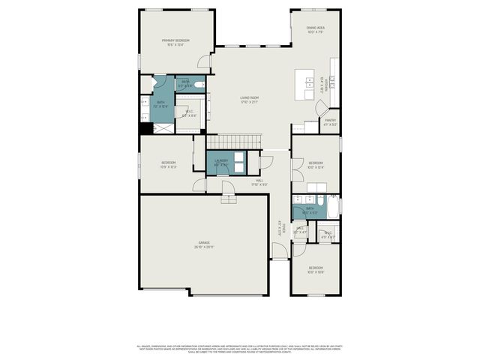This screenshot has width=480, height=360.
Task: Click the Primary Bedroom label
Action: pos(175,42)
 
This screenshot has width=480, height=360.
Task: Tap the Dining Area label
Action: pos(315,30)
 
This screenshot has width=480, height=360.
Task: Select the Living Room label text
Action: pos(249,100)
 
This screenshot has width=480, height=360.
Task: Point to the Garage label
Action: pos(202,244)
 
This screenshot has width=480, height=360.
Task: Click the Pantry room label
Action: pos(330,121)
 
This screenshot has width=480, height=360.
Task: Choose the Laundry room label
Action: pos(220,162)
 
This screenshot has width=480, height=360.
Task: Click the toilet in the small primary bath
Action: pos(199,85)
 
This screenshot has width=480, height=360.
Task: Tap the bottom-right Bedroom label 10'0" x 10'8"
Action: pos(316,270)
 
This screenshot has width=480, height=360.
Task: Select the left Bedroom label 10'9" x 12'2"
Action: pos(168,165)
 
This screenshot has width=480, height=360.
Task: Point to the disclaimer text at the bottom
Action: pos(239,349)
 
